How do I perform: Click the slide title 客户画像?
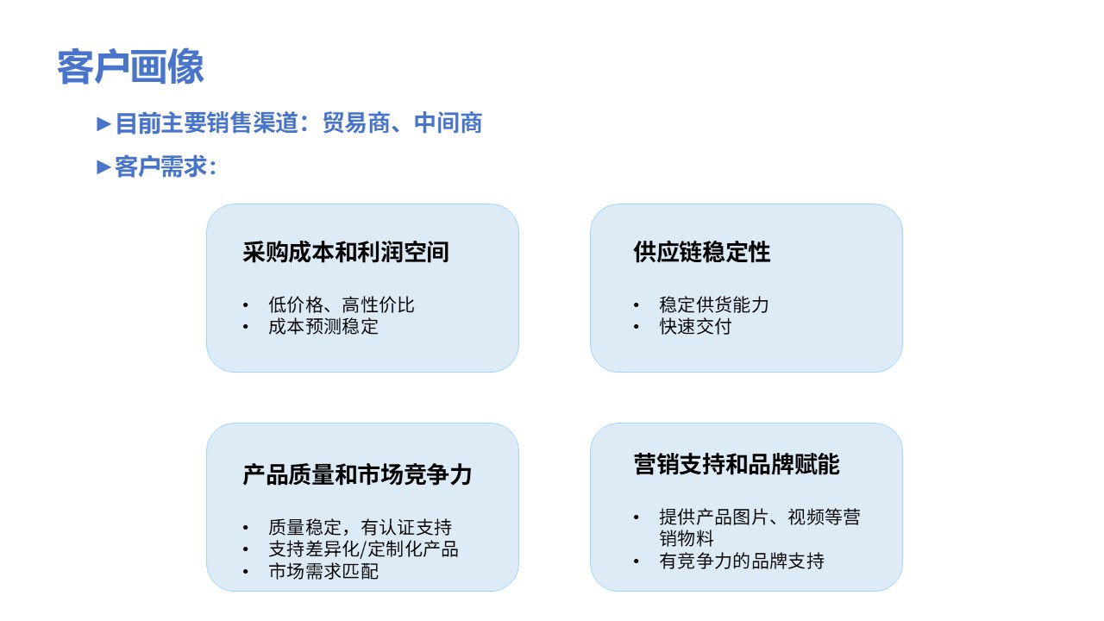tap(130, 66)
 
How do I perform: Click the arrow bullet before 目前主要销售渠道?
tap(103, 123)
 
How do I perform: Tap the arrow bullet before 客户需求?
tap(103, 167)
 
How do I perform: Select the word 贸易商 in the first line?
tap(356, 122)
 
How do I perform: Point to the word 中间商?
tap(448, 122)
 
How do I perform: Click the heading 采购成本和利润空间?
tap(346, 253)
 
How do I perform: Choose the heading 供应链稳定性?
tap(702, 253)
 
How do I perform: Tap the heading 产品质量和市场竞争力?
tap(357, 475)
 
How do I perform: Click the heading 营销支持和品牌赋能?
tap(737, 464)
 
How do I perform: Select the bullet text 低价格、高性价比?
tap(341, 305)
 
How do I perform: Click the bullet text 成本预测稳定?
tap(323, 327)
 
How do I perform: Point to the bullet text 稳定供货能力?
tap(714, 305)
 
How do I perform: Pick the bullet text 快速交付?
tap(695, 327)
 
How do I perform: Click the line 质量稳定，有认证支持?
tap(360, 528)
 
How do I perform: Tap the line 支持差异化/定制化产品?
tap(363, 549)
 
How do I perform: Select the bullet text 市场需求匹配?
tap(323, 572)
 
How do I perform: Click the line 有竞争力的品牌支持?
tap(742, 561)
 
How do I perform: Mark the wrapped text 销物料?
tap(687, 539)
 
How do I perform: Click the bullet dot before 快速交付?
tap(637, 327)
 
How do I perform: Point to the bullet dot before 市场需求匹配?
tap(246, 572)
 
